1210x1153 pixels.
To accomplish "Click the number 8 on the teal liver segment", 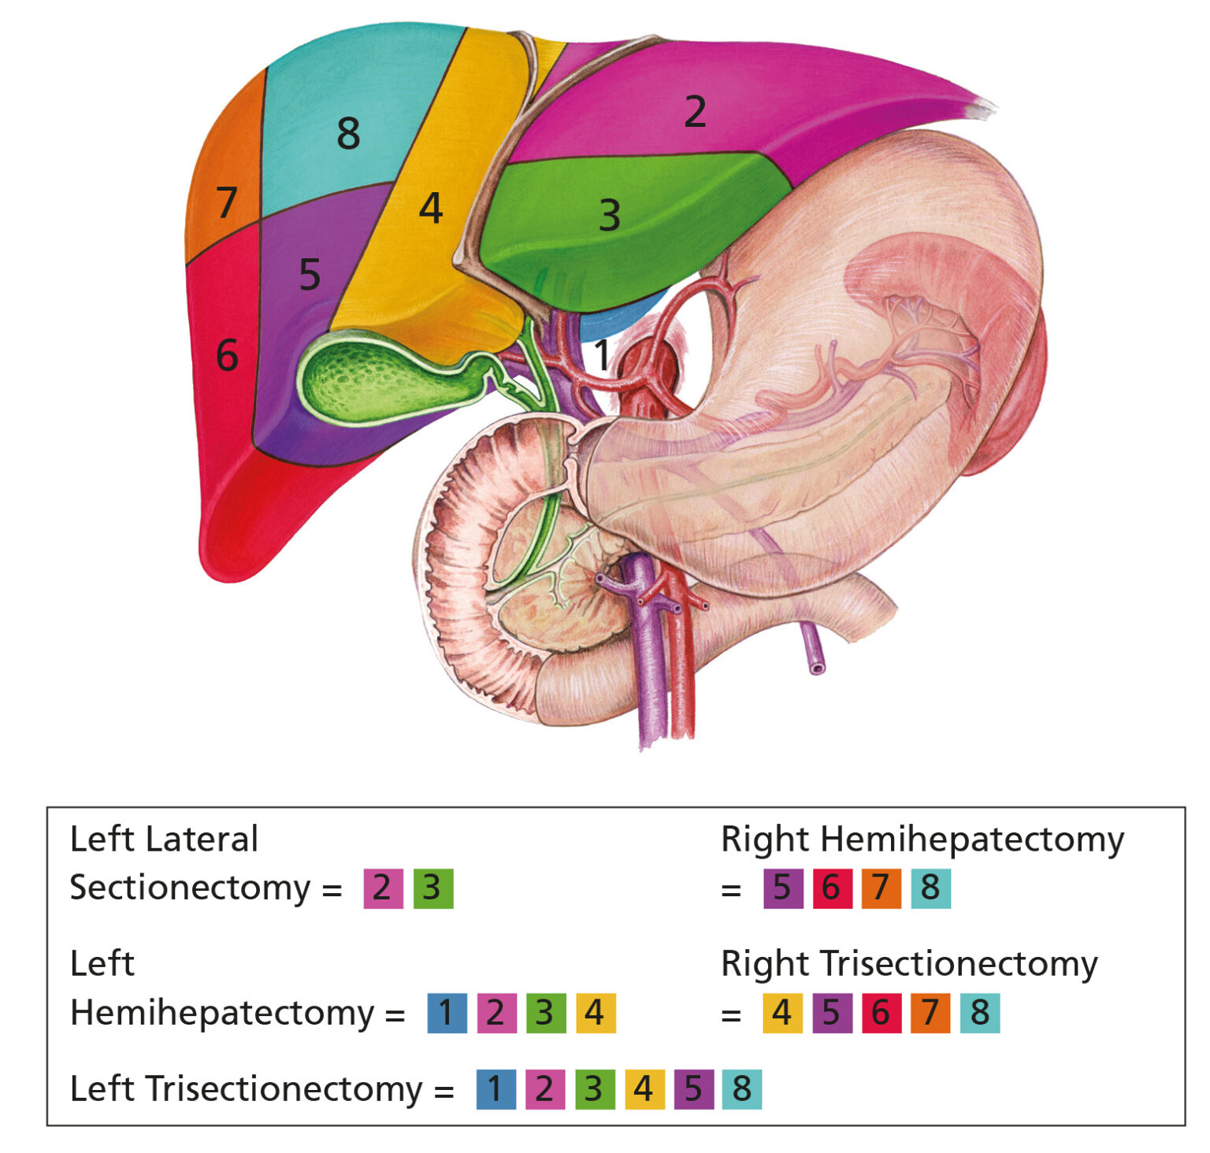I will pyautogui.click(x=348, y=133).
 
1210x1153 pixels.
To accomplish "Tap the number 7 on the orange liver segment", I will pyautogui.click(x=226, y=202).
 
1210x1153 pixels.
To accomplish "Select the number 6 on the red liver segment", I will pyautogui.click(x=227, y=355).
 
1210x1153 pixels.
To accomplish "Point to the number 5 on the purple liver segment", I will pyautogui.click(x=310, y=275).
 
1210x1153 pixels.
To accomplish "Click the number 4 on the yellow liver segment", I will pyautogui.click(x=430, y=209).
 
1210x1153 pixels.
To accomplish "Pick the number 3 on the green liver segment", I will pyautogui.click(x=609, y=216).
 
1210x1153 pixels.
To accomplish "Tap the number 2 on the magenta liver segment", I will pyautogui.click(x=694, y=112).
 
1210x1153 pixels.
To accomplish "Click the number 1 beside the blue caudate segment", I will pyautogui.click(x=602, y=355).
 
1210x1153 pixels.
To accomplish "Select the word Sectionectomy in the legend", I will pyautogui.click(x=191, y=888).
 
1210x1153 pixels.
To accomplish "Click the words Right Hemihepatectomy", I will pyautogui.click(x=922, y=840).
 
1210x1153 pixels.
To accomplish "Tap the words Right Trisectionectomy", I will pyautogui.click(x=909, y=964).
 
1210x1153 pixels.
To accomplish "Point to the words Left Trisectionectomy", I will pyautogui.click(x=247, y=1089).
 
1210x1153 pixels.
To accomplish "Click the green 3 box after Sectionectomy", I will pyautogui.click(x=433, y=888).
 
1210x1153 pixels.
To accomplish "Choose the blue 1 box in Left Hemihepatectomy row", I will pyautogui.click(x=447, y=1013).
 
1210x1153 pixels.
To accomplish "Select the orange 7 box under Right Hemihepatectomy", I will pyautogui.click(x=881, y=888).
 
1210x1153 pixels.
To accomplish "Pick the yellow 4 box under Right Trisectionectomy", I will pyautogui.click(x=782, y=1013).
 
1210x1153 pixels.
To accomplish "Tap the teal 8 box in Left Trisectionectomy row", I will pyautogui.click(x=742, y=1089).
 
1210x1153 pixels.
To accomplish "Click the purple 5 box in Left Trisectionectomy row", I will pyautogui.click(x=693, y=1089).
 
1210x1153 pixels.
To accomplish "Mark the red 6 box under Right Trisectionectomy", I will pyautogui.click(x=881, y=1013).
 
